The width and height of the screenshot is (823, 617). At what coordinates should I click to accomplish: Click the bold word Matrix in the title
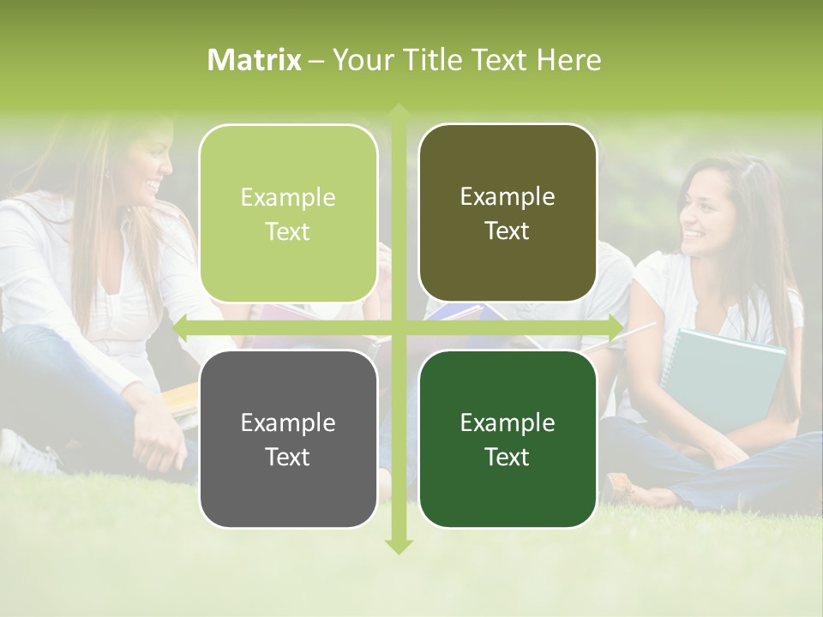pyautogui.click(x=255, y=60)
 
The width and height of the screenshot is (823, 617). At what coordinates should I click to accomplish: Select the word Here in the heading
pyautogui.click(x=568, y=60)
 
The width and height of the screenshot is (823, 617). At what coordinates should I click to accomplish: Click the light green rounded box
pyautogui.click(x=288, y=214)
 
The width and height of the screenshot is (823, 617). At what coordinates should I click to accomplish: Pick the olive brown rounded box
pyautogui.click(x=508, y=213)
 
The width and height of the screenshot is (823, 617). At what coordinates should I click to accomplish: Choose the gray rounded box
pyautogui.click(x=288, y=439)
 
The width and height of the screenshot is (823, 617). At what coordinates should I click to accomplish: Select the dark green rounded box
pyautogui.click(x=508, y=439)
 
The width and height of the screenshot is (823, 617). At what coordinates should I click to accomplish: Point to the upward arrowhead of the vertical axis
pyautogui.click(x=398, y=111)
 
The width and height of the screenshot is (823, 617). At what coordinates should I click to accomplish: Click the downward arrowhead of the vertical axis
pyautogui.click(x=398, y=546)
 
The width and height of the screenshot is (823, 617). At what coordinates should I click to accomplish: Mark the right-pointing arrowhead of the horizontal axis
pyautogui.click(x=615, y=326)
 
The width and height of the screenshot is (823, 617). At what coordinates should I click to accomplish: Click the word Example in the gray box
pyautogui.click(x=287, y=423)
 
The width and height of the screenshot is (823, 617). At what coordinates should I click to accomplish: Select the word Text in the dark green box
pyautogui.click(x=507, y=457)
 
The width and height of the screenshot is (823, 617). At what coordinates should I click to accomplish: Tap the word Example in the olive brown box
pyautogui.click(x=507, y=197)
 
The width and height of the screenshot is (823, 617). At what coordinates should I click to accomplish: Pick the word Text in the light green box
pyautogui.click(x=287, y=232)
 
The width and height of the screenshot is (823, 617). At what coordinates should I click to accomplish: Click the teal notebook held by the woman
pyautogui.click(x=729, y=377)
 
